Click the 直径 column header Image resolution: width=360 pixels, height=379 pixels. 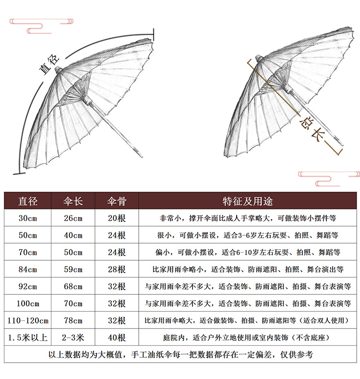27,200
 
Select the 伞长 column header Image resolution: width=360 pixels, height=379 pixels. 73,200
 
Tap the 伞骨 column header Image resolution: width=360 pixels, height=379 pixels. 116,200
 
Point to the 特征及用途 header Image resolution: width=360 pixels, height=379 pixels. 247,200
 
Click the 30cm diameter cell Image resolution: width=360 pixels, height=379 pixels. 27,218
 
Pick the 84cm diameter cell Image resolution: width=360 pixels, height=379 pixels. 27,269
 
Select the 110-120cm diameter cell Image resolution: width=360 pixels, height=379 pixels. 27,320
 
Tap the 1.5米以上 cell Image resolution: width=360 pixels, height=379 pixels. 27,337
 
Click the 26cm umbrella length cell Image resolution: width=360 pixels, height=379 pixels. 73,218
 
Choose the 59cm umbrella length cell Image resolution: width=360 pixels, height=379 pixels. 73,269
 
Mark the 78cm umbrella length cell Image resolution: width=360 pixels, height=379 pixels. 73,320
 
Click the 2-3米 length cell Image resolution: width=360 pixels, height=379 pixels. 73,337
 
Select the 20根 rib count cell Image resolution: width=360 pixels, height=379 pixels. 116,218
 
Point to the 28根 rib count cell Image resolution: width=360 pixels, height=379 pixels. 116,269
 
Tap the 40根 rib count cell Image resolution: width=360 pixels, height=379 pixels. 116,337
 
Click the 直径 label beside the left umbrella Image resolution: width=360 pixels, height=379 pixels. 48,65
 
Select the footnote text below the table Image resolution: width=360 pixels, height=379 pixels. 180,355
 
